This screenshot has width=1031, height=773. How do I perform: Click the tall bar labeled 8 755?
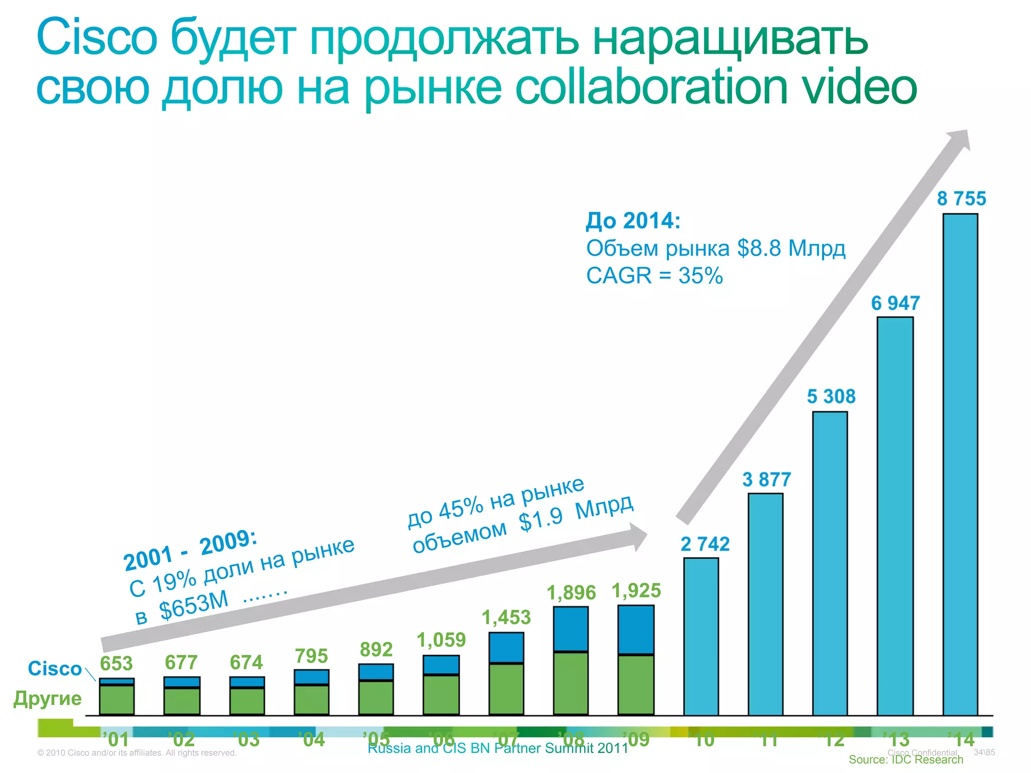pyautogui.click(x=960, y=463)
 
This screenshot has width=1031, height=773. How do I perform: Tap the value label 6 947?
pyautogui.click(x=895, y=303)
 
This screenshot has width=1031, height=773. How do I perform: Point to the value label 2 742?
pyautogui.click(x=705, y=544)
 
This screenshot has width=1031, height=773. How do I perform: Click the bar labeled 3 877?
pyautogui.click(x=765, y=604)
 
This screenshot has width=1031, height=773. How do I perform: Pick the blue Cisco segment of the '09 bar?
pyautogui.click(x=636, y=629)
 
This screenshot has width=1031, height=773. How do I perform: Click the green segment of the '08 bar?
pyautogui.click(x=570, y=683)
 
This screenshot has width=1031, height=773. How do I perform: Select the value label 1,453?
pyautogui.click(x=506, y=617)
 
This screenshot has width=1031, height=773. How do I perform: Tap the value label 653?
pyautogui.click(x=116, y=663)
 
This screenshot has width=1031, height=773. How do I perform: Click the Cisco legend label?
pyautogui.click(x=54, y=668)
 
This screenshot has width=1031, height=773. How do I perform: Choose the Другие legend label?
pyautogui.click(x=47, y=699)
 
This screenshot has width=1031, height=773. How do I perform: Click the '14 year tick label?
pyautogui.click(x=962, y=739)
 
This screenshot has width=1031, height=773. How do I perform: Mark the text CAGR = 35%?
pyautogui.click(x=654, y=276)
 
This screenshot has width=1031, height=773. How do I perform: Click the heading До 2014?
pyautogui.click(x=633, y=220)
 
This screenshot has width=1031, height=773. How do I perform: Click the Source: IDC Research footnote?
pyautogui.click(x=906, y=759)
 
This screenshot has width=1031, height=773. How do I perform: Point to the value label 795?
pyautogui.click(x=311, y=656)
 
